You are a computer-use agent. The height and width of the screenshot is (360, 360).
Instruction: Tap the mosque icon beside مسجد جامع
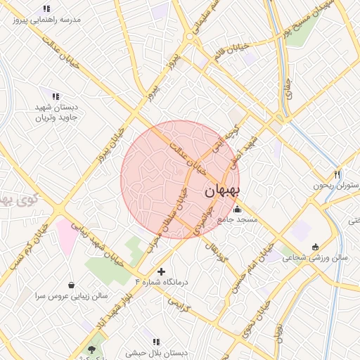pyautogui.click(x=237, y=209)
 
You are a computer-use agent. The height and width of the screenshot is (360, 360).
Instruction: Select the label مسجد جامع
pyautogui.click(x=237, y=219)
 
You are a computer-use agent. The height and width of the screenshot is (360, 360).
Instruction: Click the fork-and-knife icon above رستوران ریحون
pyautogui.click(x=337, y=174)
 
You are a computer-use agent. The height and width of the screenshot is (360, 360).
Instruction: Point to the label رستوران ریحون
pyautogui.click(x=330, y=186)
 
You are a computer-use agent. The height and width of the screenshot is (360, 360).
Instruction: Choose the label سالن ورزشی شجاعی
pyautogui.click(x=316, y=258)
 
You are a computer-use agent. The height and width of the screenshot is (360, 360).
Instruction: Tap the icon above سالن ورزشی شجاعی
pyautogui.click(x=314, y=247)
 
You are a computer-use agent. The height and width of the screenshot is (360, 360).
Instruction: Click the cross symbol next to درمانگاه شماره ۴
pyautogui.click(x=162, y=271)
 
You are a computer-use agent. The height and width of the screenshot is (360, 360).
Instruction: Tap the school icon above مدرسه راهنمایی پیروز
pyautogui.click(x=46, y=9)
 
